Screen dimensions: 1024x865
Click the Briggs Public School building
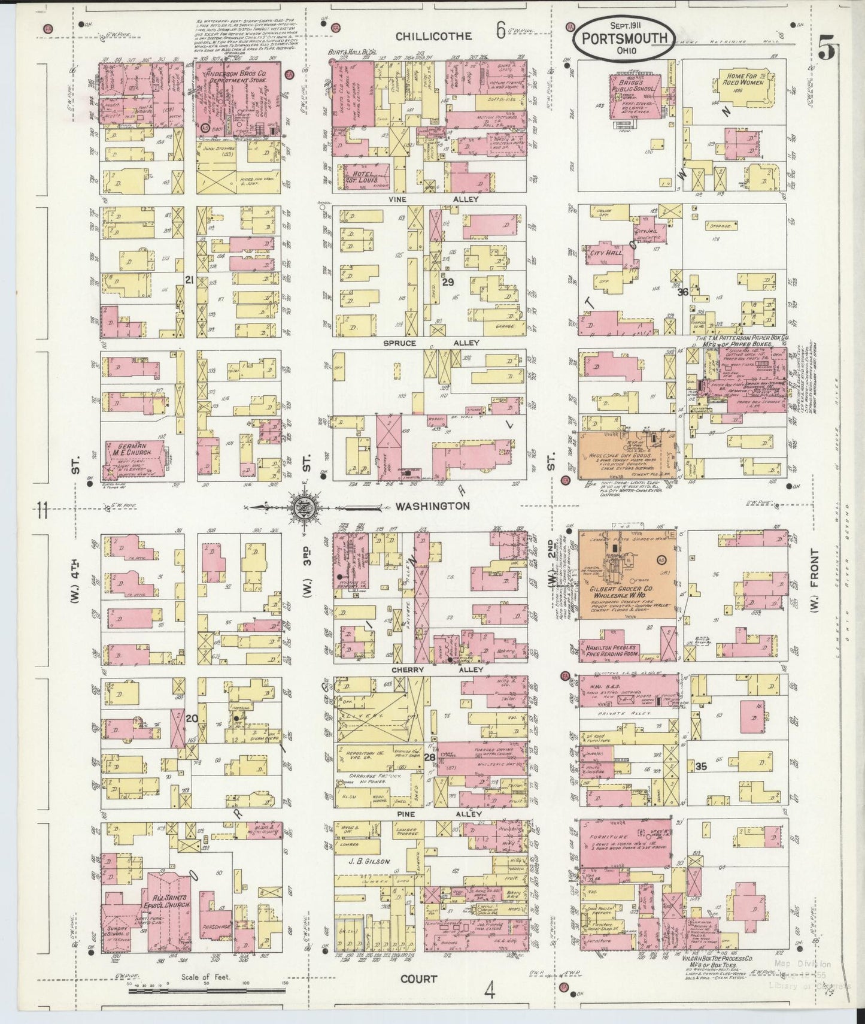point(636,98)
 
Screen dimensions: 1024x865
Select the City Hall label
point(606,253)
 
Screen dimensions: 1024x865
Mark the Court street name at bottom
point(419,978)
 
